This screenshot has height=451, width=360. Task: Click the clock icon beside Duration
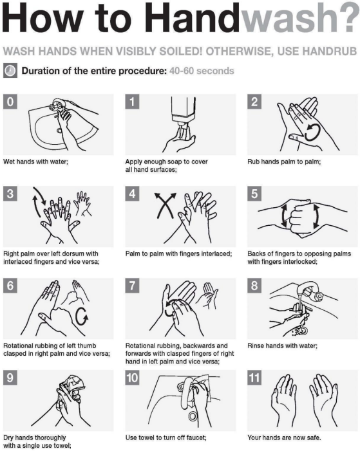[x=10, y=71]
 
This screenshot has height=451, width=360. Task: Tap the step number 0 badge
[x=10, y=102]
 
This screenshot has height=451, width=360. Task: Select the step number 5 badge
[x=254, y=194]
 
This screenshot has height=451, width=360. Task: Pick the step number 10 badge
[x=132, y=378]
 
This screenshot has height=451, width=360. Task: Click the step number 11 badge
[x=254, y=378]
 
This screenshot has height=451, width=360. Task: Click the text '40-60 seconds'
[x=202, y=71]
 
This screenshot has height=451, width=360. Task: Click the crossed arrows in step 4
[x=165, y=205]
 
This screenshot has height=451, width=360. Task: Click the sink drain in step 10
[x=193, y=416]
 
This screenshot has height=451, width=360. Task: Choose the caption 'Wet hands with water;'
[x=35, y=161]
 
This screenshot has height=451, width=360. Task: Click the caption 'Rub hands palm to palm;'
[x=284, y=161]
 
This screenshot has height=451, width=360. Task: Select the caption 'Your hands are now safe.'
[x=284, y=437]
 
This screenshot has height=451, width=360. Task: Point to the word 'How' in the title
[x=41, y=17]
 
